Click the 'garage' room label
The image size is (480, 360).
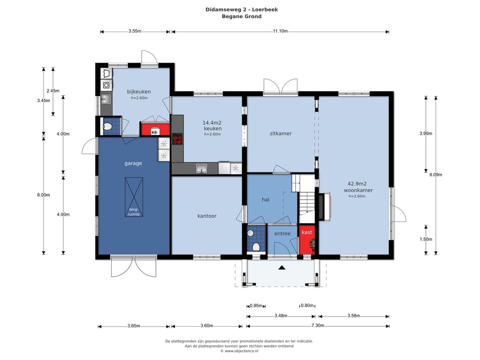(133, 164)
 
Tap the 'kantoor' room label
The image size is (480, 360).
(207, 216)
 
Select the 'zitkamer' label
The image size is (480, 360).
(281, 133)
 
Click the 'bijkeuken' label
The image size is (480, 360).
(139, 92)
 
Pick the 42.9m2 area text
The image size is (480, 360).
(357, 184)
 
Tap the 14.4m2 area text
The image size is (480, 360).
(212, 123)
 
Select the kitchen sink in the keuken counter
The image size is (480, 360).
(201, 168)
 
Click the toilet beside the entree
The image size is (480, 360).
(256, 247)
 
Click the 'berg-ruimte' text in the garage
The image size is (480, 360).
(134, 212)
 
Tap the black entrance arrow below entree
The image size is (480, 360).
(282, 268)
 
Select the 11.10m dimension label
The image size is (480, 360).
(280, 31)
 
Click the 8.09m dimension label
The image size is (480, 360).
(436, 175)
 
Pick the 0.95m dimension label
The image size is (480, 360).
(256, 305)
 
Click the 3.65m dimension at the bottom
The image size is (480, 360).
(134, 326)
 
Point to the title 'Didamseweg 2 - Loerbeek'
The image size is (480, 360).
(242, 9)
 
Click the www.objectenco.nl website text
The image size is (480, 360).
(241, 351)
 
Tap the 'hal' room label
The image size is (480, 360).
(266, 200)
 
